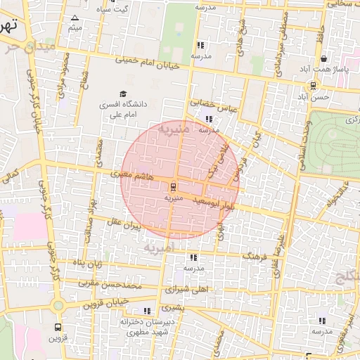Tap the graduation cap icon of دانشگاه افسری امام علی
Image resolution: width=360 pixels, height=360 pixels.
coord(124,94)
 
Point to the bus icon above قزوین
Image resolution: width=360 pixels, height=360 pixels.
coord(58,328)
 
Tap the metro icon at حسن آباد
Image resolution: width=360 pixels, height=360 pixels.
coord(312,86)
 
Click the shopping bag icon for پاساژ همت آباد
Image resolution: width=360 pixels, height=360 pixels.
coord(323,60)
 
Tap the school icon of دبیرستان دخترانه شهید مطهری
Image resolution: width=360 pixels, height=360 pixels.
coord(146,311)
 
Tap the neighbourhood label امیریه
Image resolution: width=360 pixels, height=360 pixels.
coord(159,248)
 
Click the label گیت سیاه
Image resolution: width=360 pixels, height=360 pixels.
coord(115,8)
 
